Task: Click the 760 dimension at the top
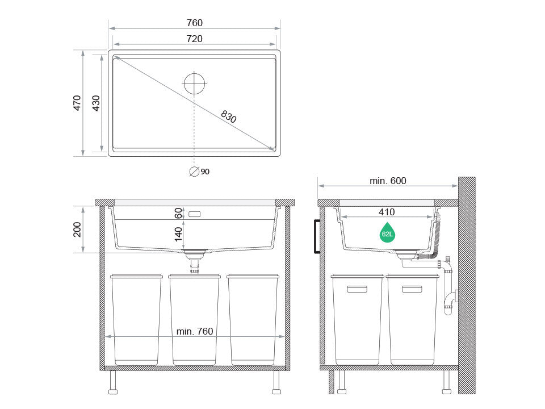point(194,23)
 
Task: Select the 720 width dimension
point(194,39)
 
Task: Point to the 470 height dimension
point(77,103)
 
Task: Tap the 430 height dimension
point(96,103)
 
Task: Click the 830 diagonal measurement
point(228,116)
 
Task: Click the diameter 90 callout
point(199,172)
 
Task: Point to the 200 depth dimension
point(77,229)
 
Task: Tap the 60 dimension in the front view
point(178,213)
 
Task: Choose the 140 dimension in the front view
point(178,234)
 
